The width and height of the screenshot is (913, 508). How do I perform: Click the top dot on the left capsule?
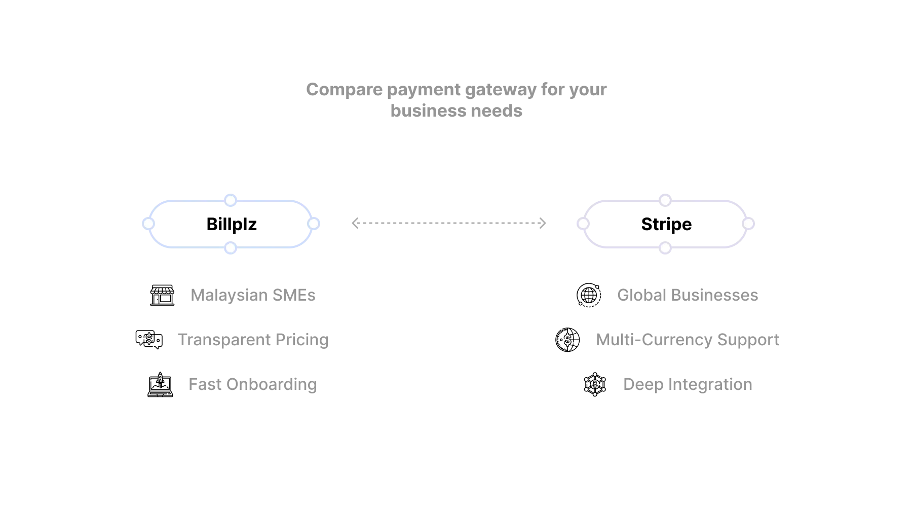[231, 200]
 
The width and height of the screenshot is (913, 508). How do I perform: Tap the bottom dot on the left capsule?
[231, 247]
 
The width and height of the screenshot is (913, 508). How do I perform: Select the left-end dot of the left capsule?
[148, 223]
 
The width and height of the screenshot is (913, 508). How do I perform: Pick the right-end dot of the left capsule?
[314, 223]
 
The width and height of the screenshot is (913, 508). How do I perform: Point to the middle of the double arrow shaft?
[448, 223]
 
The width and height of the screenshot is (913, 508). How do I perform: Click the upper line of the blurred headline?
[455, 90]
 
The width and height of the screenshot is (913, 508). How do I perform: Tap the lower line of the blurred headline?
[455, 110]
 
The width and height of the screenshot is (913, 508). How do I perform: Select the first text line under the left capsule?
[253, 296]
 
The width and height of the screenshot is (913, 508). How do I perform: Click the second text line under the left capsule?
[252, 341]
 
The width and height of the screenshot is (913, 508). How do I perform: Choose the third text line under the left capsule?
[252, 385]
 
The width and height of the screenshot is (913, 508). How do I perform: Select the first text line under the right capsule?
[687, 296]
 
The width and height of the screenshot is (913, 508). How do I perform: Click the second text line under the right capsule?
[689, 341]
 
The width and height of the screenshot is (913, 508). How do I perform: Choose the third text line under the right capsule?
[689, 385]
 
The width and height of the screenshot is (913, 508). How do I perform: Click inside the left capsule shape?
[231, 224]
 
